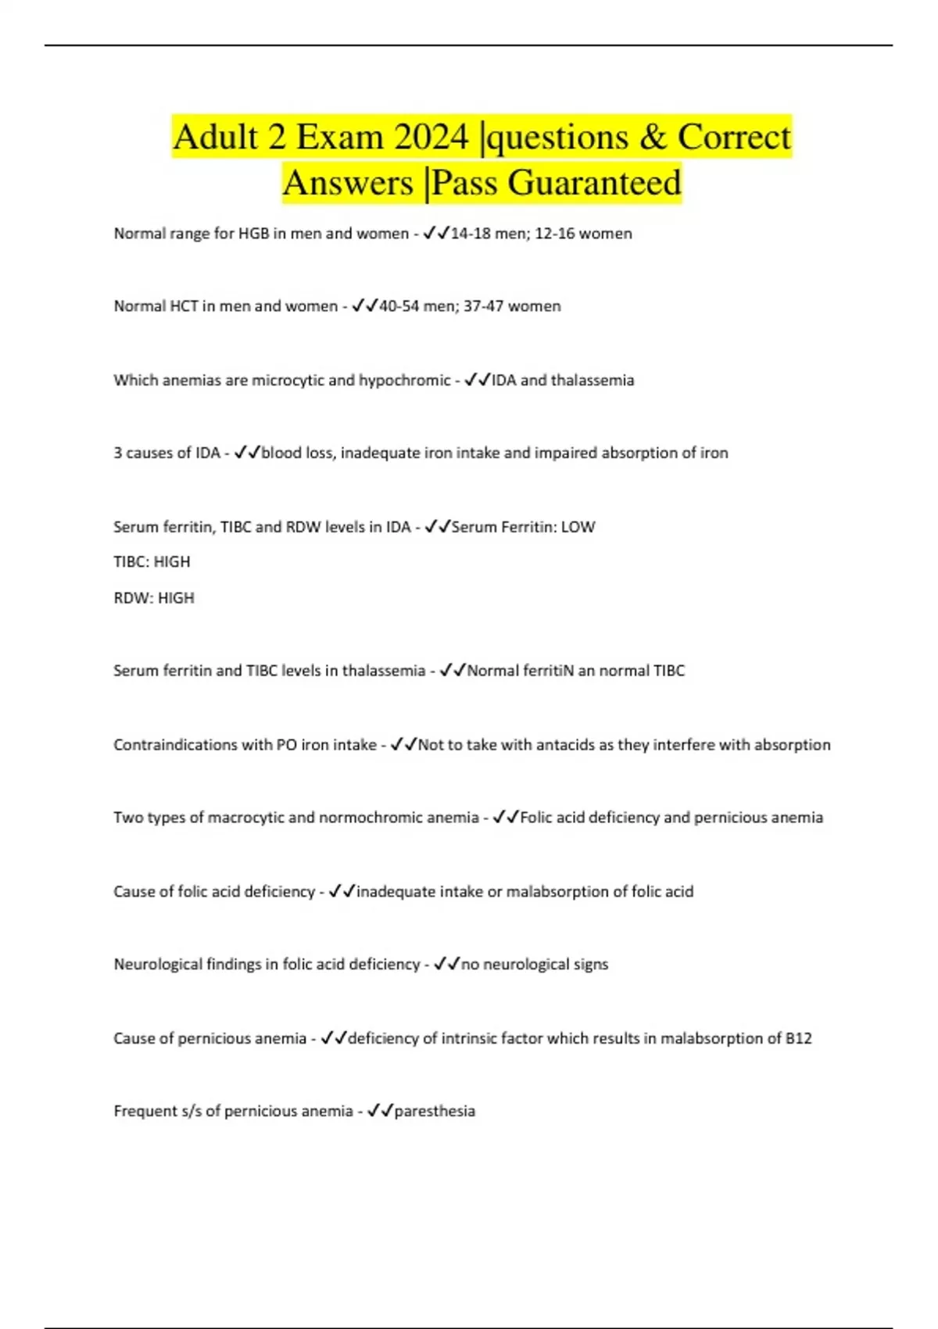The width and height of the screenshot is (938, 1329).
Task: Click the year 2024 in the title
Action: click(x=431, y=138)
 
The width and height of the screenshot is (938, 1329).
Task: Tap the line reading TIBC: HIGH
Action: click(x=152, y=562)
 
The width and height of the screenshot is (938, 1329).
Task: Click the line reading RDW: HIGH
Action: click(x=154, y=598)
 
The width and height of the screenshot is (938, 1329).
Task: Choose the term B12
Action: click(x=798, y=1039)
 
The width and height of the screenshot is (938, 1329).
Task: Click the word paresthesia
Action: click(x=435, y=1112)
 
